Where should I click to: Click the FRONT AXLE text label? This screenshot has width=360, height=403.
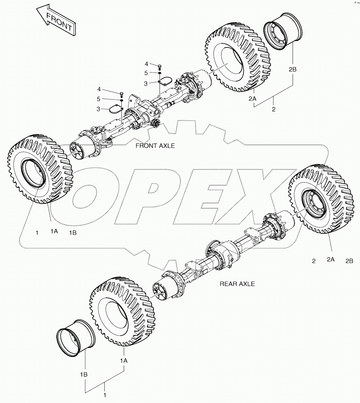click(x=155, y=146)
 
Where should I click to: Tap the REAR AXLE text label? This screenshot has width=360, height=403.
click(x=237, y=284)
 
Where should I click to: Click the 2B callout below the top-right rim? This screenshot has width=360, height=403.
click(x=292, y=69)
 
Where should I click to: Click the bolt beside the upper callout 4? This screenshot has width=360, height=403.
click(x=160, y=66)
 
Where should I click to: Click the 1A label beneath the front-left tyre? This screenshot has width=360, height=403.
click(x=54, y=232)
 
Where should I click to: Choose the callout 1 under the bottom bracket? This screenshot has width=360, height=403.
click(x=105, y=395)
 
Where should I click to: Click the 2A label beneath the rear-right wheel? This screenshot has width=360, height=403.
click(x=331, y=260)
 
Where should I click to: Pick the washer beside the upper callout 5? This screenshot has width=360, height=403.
click(x=160, y=73)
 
